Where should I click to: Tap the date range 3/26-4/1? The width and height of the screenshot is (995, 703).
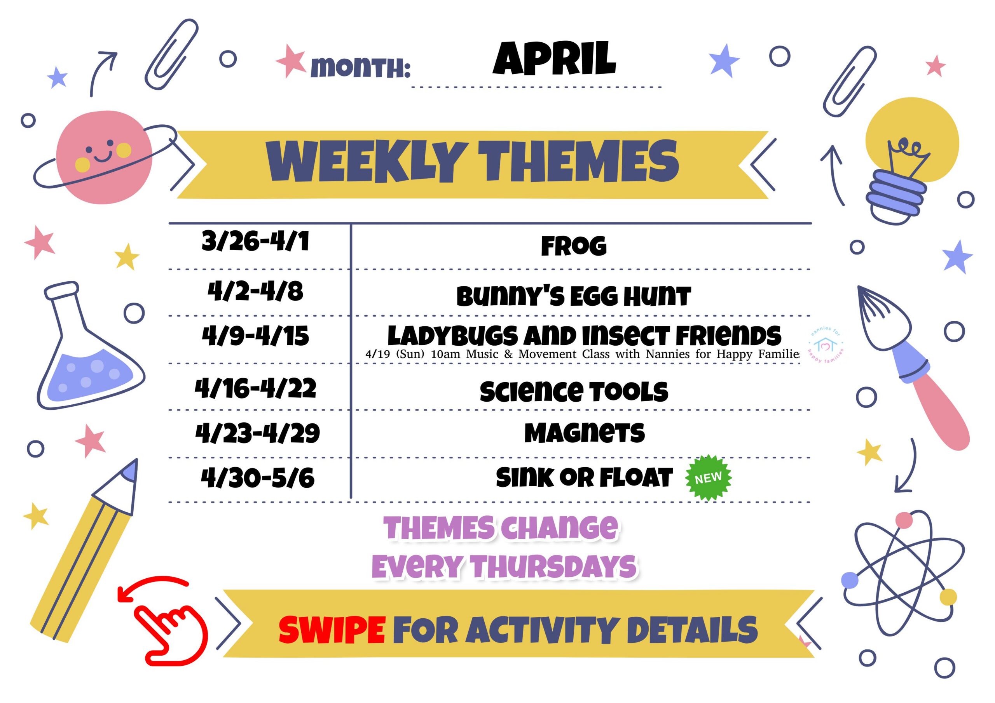255,241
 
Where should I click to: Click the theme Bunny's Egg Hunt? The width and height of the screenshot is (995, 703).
573,296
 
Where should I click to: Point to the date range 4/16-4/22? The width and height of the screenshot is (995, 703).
255,388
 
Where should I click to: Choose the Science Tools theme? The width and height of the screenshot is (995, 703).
574,392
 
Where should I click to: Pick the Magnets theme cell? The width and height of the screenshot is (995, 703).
584,433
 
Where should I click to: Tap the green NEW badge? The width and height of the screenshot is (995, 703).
708,478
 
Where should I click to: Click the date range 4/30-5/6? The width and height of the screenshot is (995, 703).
257,478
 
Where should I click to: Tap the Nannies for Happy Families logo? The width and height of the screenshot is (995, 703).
826,345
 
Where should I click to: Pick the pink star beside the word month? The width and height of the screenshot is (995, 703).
291,61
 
